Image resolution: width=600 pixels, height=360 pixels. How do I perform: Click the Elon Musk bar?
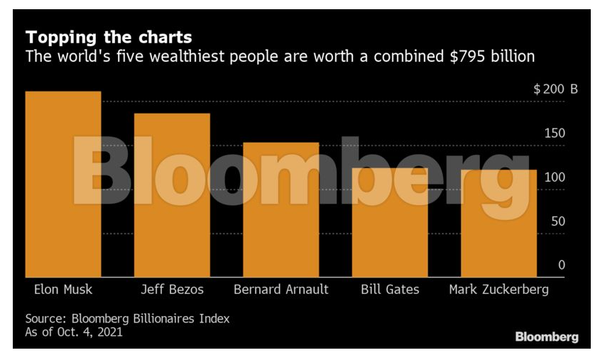[63, 184]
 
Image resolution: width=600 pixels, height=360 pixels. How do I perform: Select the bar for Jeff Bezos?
[172, 195]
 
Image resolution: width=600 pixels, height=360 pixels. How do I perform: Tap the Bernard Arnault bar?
[280, 209]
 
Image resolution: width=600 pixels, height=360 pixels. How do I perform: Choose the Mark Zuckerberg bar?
[498, 223]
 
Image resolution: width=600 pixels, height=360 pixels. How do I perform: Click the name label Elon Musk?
[63, 290]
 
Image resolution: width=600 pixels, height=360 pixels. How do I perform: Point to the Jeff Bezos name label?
[172, 290]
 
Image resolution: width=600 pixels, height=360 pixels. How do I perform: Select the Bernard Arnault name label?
[280, 290]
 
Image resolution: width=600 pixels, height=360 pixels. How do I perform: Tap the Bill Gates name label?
[389, 290]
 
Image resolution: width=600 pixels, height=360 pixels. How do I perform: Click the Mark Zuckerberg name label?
[498, 290]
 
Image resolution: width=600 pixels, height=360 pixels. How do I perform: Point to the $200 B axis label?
[555, 90]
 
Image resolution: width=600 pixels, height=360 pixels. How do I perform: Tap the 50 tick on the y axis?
[558, 222]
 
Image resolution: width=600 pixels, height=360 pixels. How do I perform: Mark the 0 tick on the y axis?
[561, 265]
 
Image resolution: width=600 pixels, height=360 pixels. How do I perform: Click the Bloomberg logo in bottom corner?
[547, 337]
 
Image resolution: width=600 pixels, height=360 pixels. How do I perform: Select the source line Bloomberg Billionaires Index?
[128, 319]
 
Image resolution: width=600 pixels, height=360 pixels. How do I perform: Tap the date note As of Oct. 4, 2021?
[74, 332]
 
